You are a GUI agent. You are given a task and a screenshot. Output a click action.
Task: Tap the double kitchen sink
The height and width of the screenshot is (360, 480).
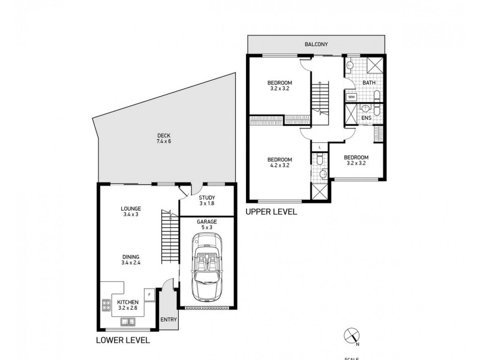(x=127, y=323)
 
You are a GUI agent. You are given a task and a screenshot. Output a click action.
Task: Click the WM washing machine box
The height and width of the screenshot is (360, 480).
(x=351, y=96)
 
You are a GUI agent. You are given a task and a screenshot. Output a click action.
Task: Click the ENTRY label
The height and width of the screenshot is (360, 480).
(x=169, y=319)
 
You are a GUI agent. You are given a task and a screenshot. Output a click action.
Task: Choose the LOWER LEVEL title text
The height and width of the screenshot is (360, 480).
(x=123, y=340)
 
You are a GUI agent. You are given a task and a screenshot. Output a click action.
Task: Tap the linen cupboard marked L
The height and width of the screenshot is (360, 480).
(x=320, y=146)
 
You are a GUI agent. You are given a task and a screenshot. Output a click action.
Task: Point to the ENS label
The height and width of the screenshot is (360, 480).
(x=367, y=118)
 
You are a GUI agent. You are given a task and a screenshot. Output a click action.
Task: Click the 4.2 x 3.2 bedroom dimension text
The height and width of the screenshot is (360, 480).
(x=280, y=165)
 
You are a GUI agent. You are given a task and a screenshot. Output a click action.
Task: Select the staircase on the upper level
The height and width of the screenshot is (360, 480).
(x=320, y=98)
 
